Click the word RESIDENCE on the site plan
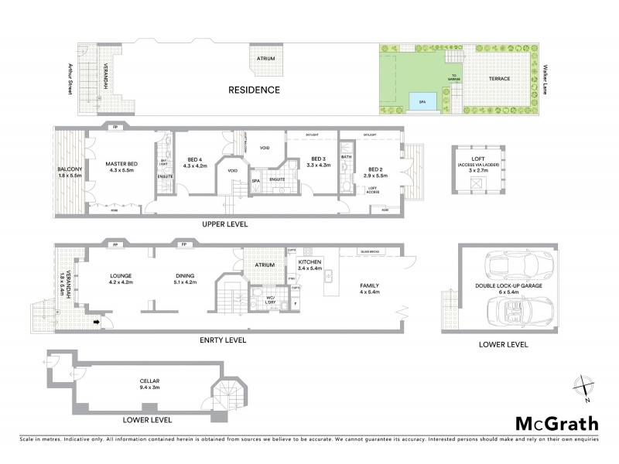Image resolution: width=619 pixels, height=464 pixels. coord(253,90)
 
